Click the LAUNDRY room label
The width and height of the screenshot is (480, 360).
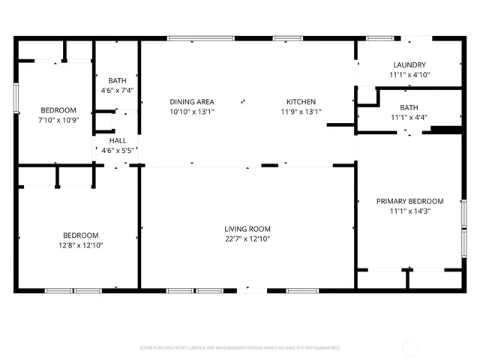point(409,65)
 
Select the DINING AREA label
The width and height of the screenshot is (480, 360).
point(192,102)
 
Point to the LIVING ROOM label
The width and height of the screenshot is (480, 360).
point(247,229)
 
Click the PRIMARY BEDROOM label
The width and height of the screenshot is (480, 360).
point(409,201)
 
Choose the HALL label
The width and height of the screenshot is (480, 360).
point(118,140)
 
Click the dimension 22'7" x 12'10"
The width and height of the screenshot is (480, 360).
point(247,239)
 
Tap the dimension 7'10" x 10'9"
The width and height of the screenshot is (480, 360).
point(58,119)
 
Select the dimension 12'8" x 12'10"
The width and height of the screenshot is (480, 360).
point(80,244)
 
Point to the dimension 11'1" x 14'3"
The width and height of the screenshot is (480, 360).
point(409,211)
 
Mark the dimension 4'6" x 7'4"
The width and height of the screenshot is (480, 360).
point(117,90)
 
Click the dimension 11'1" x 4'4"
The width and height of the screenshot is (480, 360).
point(409,117)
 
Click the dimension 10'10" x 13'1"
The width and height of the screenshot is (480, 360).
point(192,112)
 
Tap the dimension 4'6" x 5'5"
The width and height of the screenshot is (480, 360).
point(118,150)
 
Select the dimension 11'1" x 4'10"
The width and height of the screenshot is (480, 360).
point(409,75)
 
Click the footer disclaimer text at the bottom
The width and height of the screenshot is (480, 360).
point(240,348)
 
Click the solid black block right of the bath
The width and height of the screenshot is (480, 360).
point(446,129)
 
